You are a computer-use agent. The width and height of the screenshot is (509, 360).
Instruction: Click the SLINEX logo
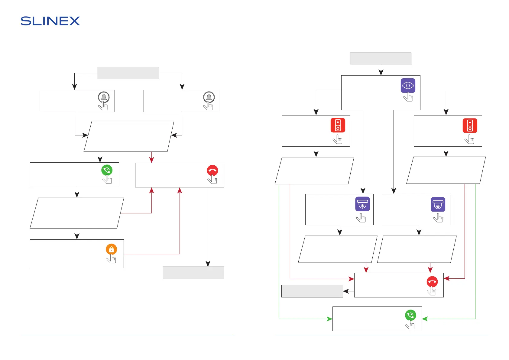(x=50, y=21)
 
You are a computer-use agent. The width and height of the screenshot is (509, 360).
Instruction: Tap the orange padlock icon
(x=111, y=249)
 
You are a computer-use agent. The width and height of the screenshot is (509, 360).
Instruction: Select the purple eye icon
(x=408, y=86)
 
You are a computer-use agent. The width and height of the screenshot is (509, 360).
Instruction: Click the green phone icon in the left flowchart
(x=107, y=170)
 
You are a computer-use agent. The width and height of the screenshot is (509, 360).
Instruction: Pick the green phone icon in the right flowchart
(x=410, y=315)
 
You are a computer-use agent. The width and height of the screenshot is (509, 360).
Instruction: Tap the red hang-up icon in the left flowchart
(x=212, y=170)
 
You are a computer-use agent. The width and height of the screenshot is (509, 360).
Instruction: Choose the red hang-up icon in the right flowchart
(x=432, y=282)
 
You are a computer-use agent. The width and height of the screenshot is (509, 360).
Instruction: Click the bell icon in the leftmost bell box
(x=104, y=97)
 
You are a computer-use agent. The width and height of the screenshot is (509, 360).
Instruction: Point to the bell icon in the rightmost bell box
(x=209, y=97)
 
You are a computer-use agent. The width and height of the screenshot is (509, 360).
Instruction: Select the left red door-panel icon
(x=338, y=125)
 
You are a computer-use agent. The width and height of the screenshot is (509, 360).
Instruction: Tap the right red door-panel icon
(x=470, y=125)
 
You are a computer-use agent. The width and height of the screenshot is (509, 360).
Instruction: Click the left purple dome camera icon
(x=362, y=204)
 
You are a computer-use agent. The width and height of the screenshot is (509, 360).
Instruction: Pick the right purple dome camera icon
(x=438, y=204)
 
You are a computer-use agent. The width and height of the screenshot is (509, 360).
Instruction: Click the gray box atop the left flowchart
(x=128, y=73)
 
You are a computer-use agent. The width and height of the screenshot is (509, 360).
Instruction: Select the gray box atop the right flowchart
(x=381, y=59)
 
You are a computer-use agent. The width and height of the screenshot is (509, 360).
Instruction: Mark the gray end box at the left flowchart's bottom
(x=193, y=273)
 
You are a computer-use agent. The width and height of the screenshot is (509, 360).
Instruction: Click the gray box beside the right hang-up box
(x=312, y=291)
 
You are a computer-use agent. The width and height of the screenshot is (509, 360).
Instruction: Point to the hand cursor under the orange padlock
(x=112, y=259)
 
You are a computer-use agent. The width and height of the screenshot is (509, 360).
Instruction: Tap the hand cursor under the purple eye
(x=408, y=97)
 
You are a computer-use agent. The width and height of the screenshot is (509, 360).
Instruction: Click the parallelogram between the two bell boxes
(x=129, y=136)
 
